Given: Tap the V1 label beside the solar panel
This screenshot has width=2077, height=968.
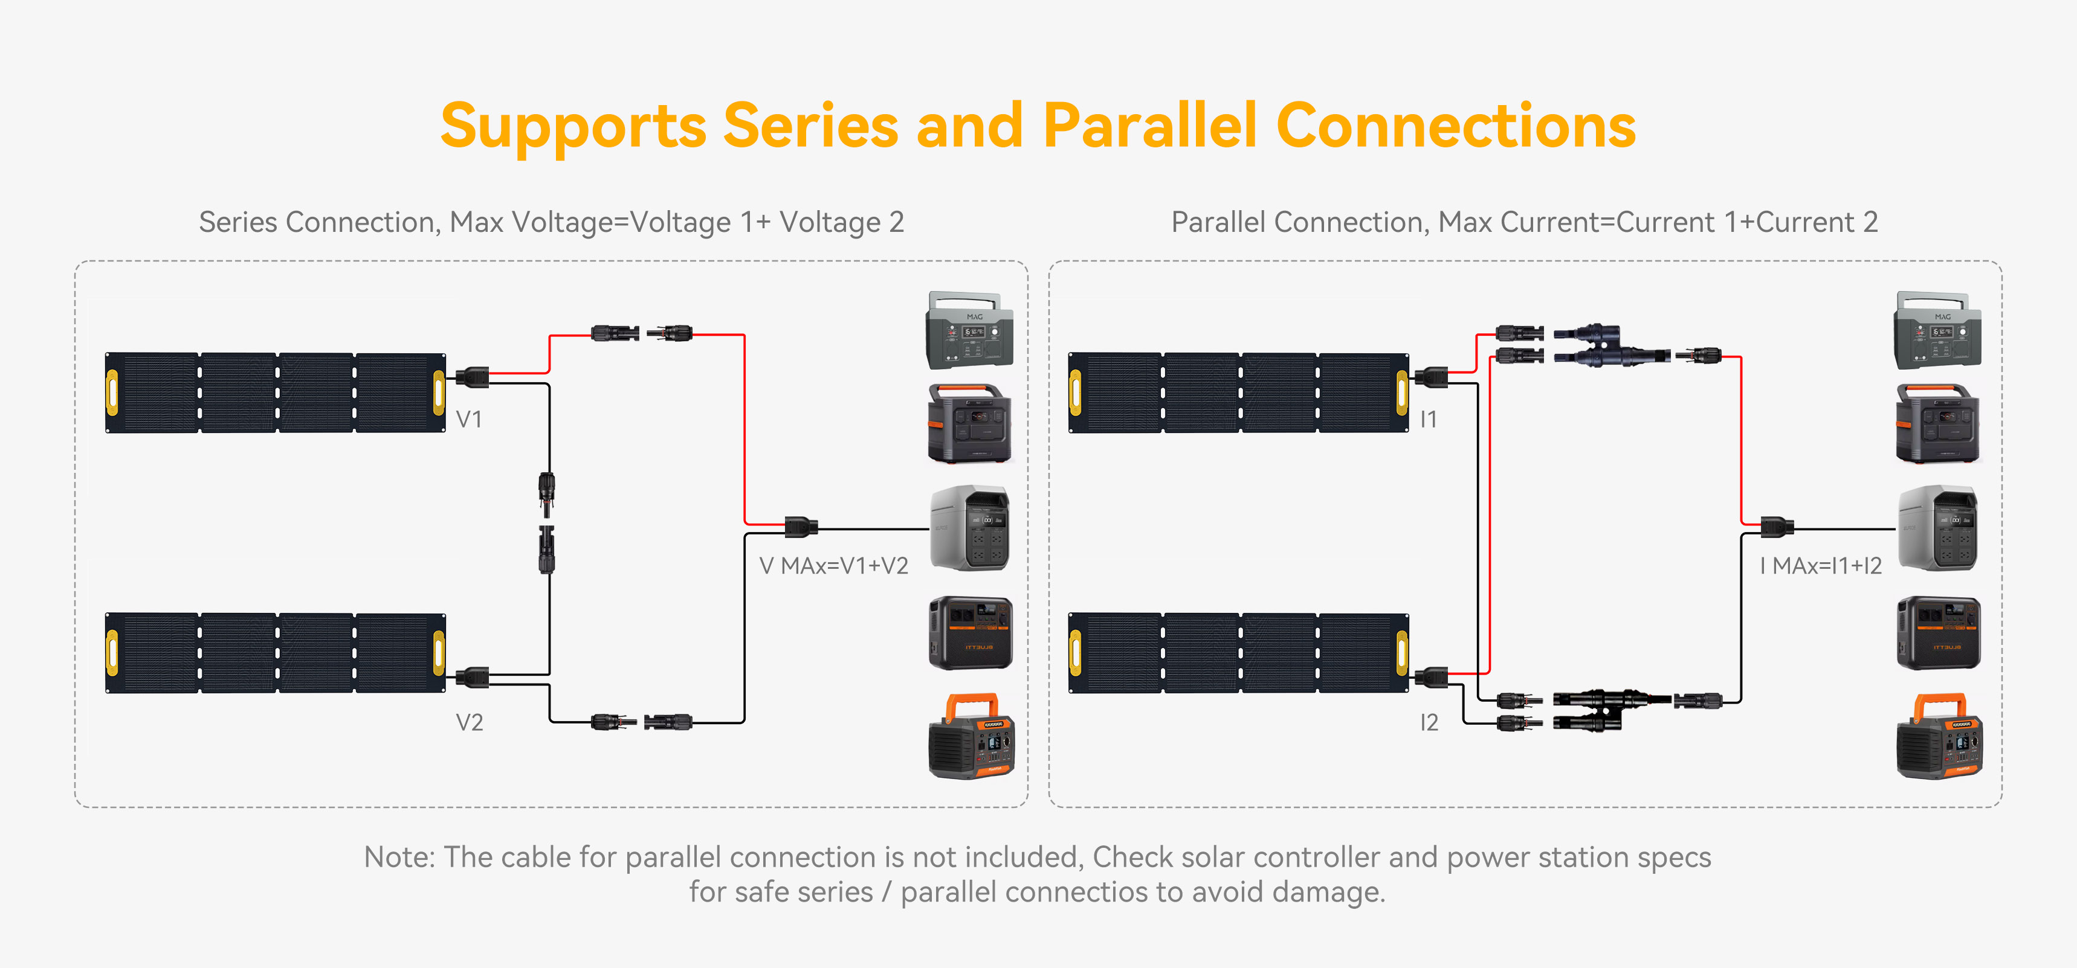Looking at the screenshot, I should point(468,419).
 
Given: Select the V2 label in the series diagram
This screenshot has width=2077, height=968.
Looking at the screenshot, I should point(470,722).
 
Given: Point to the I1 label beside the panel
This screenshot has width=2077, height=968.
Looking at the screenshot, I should point(1428,419).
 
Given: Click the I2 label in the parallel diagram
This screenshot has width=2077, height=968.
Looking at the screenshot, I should point(1429,722).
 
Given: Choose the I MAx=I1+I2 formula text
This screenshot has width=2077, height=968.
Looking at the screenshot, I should point(1821,566).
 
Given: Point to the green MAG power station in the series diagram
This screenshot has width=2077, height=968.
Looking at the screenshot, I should point(968,330).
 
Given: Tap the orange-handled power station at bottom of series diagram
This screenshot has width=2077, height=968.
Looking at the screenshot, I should point(971,737).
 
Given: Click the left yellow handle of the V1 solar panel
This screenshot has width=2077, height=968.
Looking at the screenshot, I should point(112,393).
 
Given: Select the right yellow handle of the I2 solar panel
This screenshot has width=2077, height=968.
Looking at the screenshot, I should point(1402,653).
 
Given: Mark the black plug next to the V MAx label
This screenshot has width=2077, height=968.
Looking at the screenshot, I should point(801,527).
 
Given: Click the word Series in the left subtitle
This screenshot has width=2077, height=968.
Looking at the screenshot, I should point(238,222).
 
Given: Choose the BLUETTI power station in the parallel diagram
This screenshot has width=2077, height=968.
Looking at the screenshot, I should point(1937,633).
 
